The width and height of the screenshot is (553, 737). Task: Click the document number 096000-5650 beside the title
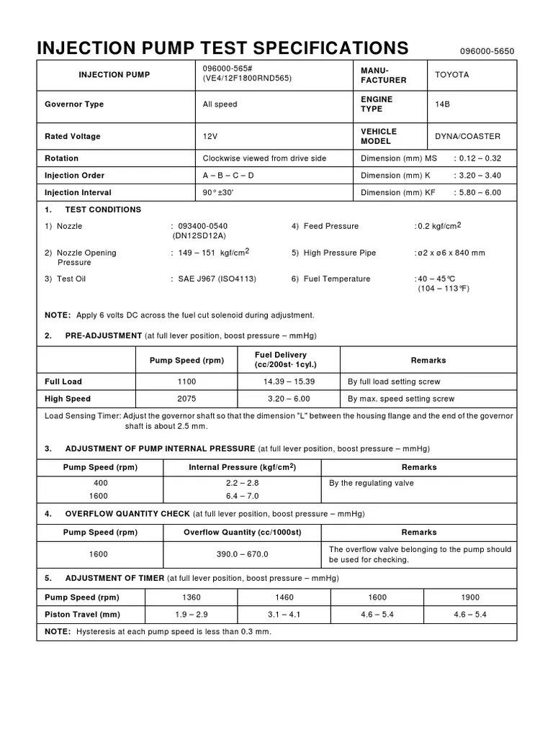pyautogui.click(x=487, y=52)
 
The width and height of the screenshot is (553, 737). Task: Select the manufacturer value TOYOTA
pyautogui.click(x=452, y=75)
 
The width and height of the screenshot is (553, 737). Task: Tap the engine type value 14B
pyautogui.click(x=443, y=104)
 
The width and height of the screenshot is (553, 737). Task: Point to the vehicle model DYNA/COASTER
pyautogui.click(x=467, y=136)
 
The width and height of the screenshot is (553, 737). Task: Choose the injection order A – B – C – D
pyautogui.click(x=228, y=176)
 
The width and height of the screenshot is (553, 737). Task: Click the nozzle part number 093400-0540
pyautogui.click(x=202, y=226)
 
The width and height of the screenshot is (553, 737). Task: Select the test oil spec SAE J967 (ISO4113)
pyautogui.click(x=217, y=279)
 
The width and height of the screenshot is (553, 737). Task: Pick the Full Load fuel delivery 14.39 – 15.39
pyautogui.click(x=290, y=381)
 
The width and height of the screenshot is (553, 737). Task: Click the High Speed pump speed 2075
pyautogui.click(x=186, y=399)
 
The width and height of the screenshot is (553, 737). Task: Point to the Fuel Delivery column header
pyautogui.click(x=286, y=360)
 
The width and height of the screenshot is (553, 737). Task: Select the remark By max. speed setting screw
pyautogui.click(x=401, y=399)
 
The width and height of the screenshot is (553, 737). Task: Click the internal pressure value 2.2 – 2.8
pyautogui.click(x=242, y=484)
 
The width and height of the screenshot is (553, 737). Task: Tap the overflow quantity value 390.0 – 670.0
pyautogui.click(x=242, y=554)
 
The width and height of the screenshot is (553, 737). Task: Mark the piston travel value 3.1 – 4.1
pyautogui.click(x=284, y=615)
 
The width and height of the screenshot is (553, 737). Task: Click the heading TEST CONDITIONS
pyautogui.click(x=103, y=209)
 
